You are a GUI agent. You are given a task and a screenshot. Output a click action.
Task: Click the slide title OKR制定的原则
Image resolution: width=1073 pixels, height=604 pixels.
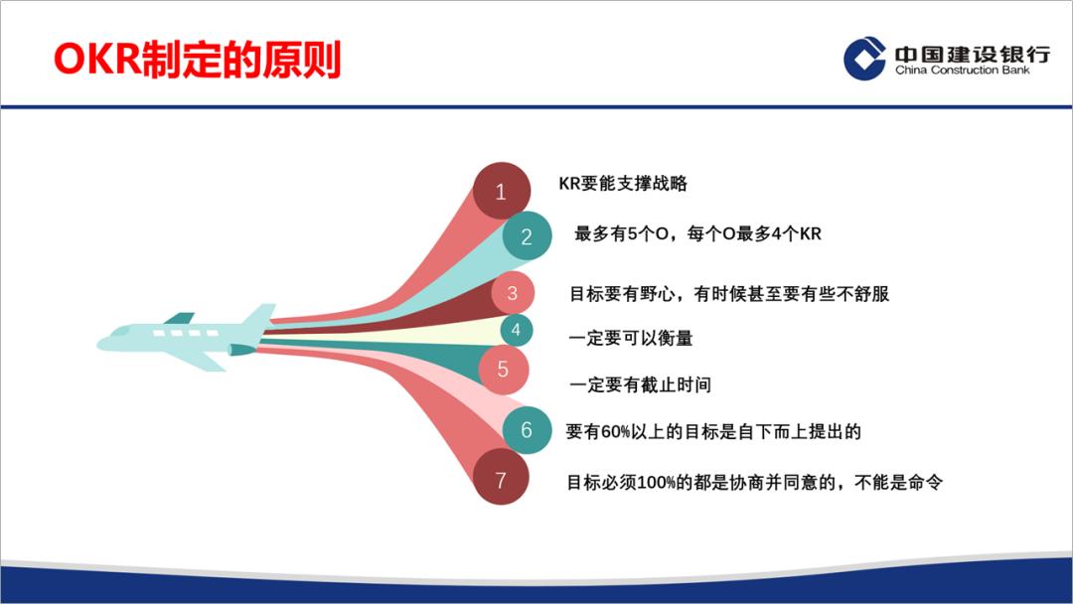point(197,60)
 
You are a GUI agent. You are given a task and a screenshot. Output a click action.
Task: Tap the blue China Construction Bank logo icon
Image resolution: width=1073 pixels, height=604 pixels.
point(863,58)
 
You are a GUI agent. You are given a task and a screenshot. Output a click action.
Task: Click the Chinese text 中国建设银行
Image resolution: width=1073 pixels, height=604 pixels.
point(971,53)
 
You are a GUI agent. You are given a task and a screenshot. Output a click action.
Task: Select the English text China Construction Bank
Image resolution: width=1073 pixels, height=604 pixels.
point(962,72)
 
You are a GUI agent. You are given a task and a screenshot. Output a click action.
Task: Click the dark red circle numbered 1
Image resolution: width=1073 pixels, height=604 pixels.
point(501,191)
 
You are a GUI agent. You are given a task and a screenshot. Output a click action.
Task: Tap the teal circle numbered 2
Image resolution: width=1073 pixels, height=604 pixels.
point(527,236)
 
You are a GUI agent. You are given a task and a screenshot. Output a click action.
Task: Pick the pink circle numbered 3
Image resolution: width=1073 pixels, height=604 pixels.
point(513,293)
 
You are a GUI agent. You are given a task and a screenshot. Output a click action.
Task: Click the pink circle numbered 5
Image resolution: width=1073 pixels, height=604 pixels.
point(503,370)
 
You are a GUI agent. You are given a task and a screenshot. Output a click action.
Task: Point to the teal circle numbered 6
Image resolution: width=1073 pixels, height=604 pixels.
point(527,430)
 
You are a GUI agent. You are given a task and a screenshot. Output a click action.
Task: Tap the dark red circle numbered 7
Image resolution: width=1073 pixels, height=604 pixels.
point(501,480)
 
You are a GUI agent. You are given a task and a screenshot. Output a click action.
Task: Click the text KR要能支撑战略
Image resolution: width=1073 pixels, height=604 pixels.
point(623,184)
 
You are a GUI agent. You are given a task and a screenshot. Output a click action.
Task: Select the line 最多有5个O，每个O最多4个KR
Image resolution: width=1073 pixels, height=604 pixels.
point(697,235)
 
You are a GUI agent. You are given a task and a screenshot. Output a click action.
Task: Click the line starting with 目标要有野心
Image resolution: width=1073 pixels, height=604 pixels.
point(728,294)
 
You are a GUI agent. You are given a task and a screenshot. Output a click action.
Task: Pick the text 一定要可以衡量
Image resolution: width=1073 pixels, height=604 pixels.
point(630,339)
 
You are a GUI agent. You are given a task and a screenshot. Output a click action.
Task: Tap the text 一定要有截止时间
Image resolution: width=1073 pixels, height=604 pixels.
point(639,385)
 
